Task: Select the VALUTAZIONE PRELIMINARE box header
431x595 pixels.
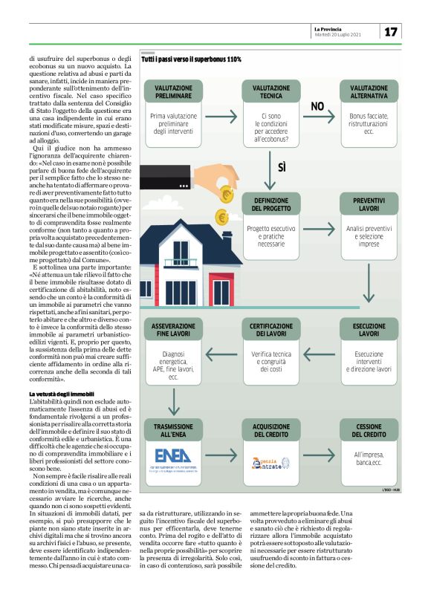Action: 173,92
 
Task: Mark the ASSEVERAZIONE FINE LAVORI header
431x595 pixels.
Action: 173,330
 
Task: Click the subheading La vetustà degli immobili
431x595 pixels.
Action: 62,392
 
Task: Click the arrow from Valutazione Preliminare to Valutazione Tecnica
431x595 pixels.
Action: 221,117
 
